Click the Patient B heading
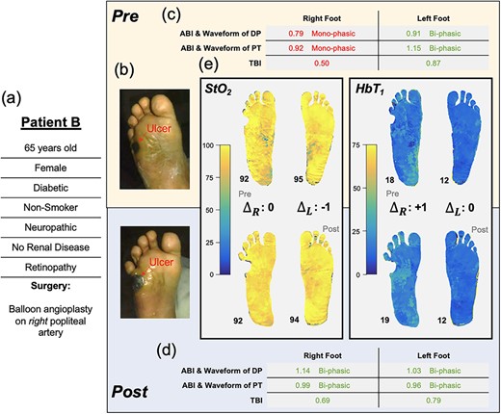pos(51,122)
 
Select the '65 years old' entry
pos(51,148)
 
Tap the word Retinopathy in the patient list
pos(51,267)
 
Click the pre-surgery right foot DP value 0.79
pos(296,34)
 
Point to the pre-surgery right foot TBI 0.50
pos(322,64)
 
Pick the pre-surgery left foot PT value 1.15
pos(413,48)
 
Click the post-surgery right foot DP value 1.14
pos(303,371)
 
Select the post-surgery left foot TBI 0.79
pos(434,401)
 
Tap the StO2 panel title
pos(219,90)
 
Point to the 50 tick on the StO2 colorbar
pos(209,210)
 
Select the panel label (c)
pos(171,14)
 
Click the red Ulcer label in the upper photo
pos(159,128)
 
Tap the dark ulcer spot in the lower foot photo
pos(140,281)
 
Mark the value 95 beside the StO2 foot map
pos(299,179)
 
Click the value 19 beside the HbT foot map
pos(384,320)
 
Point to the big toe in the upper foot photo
pos(165,104)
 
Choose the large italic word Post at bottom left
pos(130,392)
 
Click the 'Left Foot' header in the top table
pos(434,18)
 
